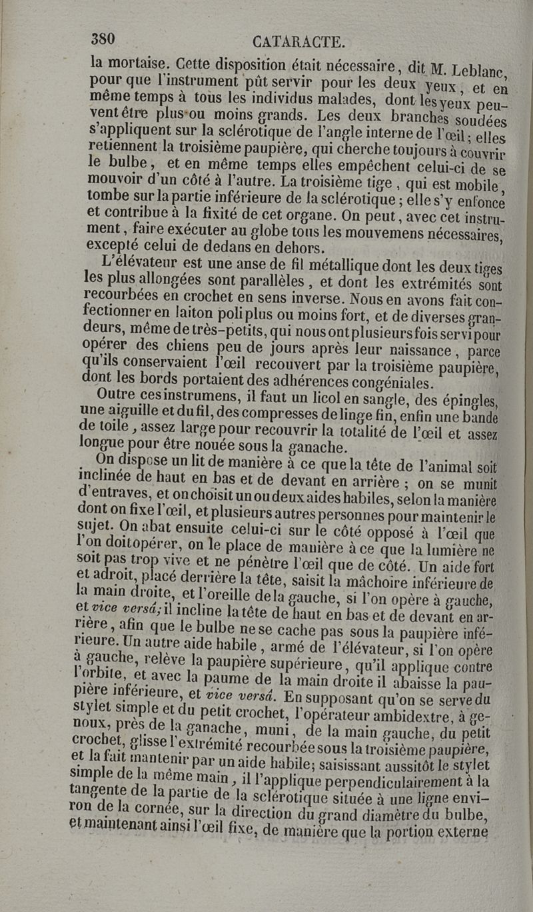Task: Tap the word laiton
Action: click(x=199, y=311)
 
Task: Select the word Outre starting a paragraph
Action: click(x=117, y=395)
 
